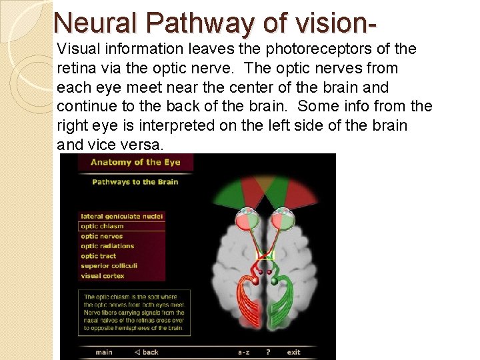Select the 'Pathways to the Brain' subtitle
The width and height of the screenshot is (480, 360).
[x=135, y=182]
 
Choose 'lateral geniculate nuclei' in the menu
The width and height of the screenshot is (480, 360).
[x=121, y=216]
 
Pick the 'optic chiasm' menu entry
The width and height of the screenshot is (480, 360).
[x=102, y=226]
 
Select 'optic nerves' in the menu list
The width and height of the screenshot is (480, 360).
[x=102, y=236]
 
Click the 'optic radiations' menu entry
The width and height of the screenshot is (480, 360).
[x=107, y=246]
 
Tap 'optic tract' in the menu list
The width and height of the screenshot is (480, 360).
[x=99, y=256]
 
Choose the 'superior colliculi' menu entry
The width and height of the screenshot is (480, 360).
[x=107, y=266]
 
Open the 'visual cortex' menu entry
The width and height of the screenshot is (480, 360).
[x=102, y=276]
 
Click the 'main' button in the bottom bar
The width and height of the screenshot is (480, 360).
[x=104, y=352]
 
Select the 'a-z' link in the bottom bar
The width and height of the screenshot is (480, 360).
[x=244, y=352]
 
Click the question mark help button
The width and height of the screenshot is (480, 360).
[x=268, y=352]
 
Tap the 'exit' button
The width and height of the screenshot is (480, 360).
[x=293, y=352]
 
